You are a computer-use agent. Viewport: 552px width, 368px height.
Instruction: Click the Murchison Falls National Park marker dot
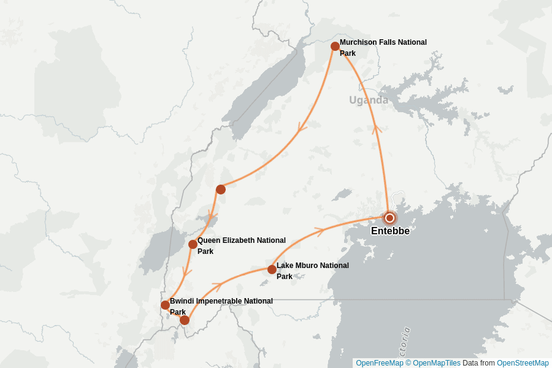coord(335,47)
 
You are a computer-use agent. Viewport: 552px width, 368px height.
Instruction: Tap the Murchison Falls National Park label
coord(383,48)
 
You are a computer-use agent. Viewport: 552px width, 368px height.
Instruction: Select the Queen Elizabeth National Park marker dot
coord(193,244)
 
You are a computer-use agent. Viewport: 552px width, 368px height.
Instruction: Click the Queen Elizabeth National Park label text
coord(241,245)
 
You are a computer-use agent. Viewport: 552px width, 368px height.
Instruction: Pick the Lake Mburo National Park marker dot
coord(272,269)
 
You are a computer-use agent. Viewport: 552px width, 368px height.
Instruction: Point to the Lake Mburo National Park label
coord(312,270)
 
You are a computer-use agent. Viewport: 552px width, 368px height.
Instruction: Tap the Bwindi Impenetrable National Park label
coord(221,306)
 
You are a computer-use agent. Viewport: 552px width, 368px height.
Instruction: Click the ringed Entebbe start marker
coord(389,218)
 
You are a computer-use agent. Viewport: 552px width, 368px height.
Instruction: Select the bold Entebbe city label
coord(390,231)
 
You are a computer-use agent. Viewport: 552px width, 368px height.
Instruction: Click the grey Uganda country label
coord(369,100)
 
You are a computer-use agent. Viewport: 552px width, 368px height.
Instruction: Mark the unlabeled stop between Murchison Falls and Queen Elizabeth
coord(221,190)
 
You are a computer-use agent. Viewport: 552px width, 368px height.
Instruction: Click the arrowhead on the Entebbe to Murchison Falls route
coord(377,129)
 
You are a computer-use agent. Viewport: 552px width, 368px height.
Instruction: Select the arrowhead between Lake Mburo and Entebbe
coord(318,231)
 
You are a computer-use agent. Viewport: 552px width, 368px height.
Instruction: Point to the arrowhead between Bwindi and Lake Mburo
coord(216,286)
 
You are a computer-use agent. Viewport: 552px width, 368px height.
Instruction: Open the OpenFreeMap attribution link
coord(379,363)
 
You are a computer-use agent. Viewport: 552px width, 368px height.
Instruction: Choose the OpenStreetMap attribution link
coord(523,363)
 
